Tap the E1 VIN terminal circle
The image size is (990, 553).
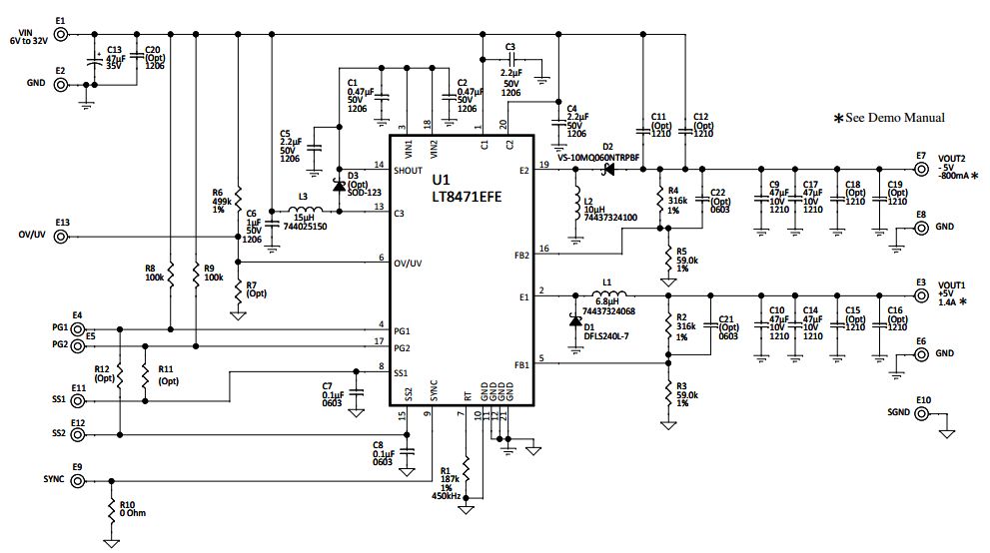(61, 34)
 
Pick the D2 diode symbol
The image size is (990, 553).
(606, 169)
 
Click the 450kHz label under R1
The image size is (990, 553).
(446, 496)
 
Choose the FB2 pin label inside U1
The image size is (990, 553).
(518, 255)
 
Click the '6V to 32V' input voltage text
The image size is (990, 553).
(28, 41)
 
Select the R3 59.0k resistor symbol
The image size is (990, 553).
(667, 394)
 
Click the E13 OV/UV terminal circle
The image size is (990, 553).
(61, 237)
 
